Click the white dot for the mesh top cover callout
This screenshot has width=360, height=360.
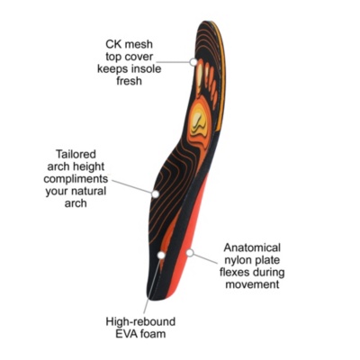point(193,62)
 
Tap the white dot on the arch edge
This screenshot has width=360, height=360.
point(155,194)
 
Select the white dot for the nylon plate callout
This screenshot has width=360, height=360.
point(190,253)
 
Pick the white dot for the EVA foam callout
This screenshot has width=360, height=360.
point(161,255)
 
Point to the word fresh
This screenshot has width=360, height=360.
point(129,81)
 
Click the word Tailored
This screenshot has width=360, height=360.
point(76,154)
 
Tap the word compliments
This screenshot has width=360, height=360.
point(76,179)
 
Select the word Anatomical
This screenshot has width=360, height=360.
point(252,247)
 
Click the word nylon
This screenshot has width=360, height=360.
point(237,260)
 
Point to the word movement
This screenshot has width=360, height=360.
point(252,284)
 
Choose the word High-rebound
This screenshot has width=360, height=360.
point(140,321)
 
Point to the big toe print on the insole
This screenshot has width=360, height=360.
point(200,72)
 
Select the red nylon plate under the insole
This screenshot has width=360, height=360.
point(188,240)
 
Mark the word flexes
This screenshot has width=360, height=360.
point(236,273)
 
